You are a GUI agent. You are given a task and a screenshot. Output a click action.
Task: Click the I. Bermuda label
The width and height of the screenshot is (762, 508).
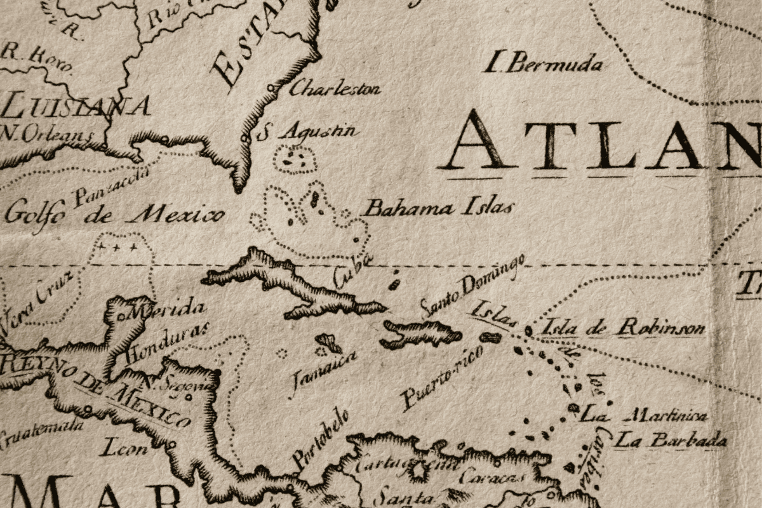click(x=543, y=63)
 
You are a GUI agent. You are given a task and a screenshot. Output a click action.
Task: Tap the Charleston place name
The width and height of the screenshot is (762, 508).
click(x=335, y=88)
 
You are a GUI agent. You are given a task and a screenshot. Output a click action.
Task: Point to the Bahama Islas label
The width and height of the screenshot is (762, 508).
click(x=438, y=208)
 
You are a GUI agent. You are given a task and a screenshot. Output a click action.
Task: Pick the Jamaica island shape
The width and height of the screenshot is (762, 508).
click(x=329, y=344)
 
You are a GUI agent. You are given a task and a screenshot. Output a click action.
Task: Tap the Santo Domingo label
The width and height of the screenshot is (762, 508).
click(x=473, y=286)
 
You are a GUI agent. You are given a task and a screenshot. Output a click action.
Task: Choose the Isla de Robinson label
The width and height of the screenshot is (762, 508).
click(x=622, y=328)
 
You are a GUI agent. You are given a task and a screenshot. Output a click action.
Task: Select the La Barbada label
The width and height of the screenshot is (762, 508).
click(x=671, y=439)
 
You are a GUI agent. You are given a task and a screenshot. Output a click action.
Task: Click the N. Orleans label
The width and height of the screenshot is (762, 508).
click(x=48, y=134)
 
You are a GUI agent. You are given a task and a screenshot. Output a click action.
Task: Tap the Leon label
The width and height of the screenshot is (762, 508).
click(x=123, y=449)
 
